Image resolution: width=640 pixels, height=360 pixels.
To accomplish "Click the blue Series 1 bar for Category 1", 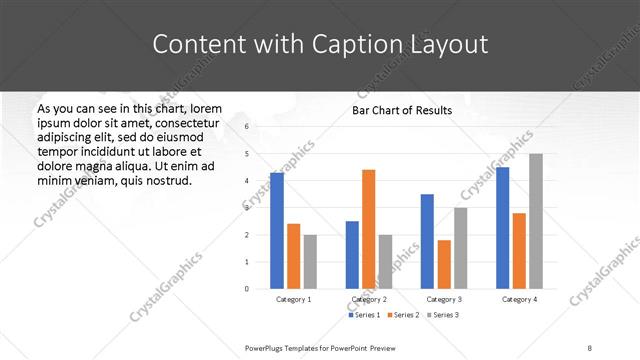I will click(277, 230).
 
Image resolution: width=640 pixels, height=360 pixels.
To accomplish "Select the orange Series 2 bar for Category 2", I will click(369, 229).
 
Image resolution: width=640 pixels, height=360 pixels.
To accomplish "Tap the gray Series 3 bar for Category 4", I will click(536, 221).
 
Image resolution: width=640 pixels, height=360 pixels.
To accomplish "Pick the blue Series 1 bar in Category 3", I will click(427, 241).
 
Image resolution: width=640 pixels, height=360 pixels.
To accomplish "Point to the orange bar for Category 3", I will click(444, 264).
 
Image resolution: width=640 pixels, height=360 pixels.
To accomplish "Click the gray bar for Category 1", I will click(310, 261).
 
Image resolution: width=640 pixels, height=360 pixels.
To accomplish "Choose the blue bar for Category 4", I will click(503, 228).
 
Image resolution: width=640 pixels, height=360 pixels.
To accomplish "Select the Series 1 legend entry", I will click(364, 316).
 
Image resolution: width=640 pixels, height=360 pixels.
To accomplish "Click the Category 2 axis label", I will click(369, 299).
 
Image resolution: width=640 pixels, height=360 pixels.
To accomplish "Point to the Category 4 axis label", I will click(519, 299).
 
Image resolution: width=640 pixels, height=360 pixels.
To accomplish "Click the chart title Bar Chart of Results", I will click(401, 110).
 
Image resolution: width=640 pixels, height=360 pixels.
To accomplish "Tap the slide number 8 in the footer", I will click(590, 347).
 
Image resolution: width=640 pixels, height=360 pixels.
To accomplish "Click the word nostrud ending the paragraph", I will click(154, 180).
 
